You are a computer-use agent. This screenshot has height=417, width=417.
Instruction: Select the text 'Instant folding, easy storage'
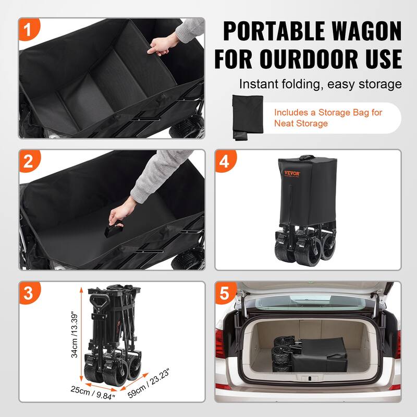tap(320, 84)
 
